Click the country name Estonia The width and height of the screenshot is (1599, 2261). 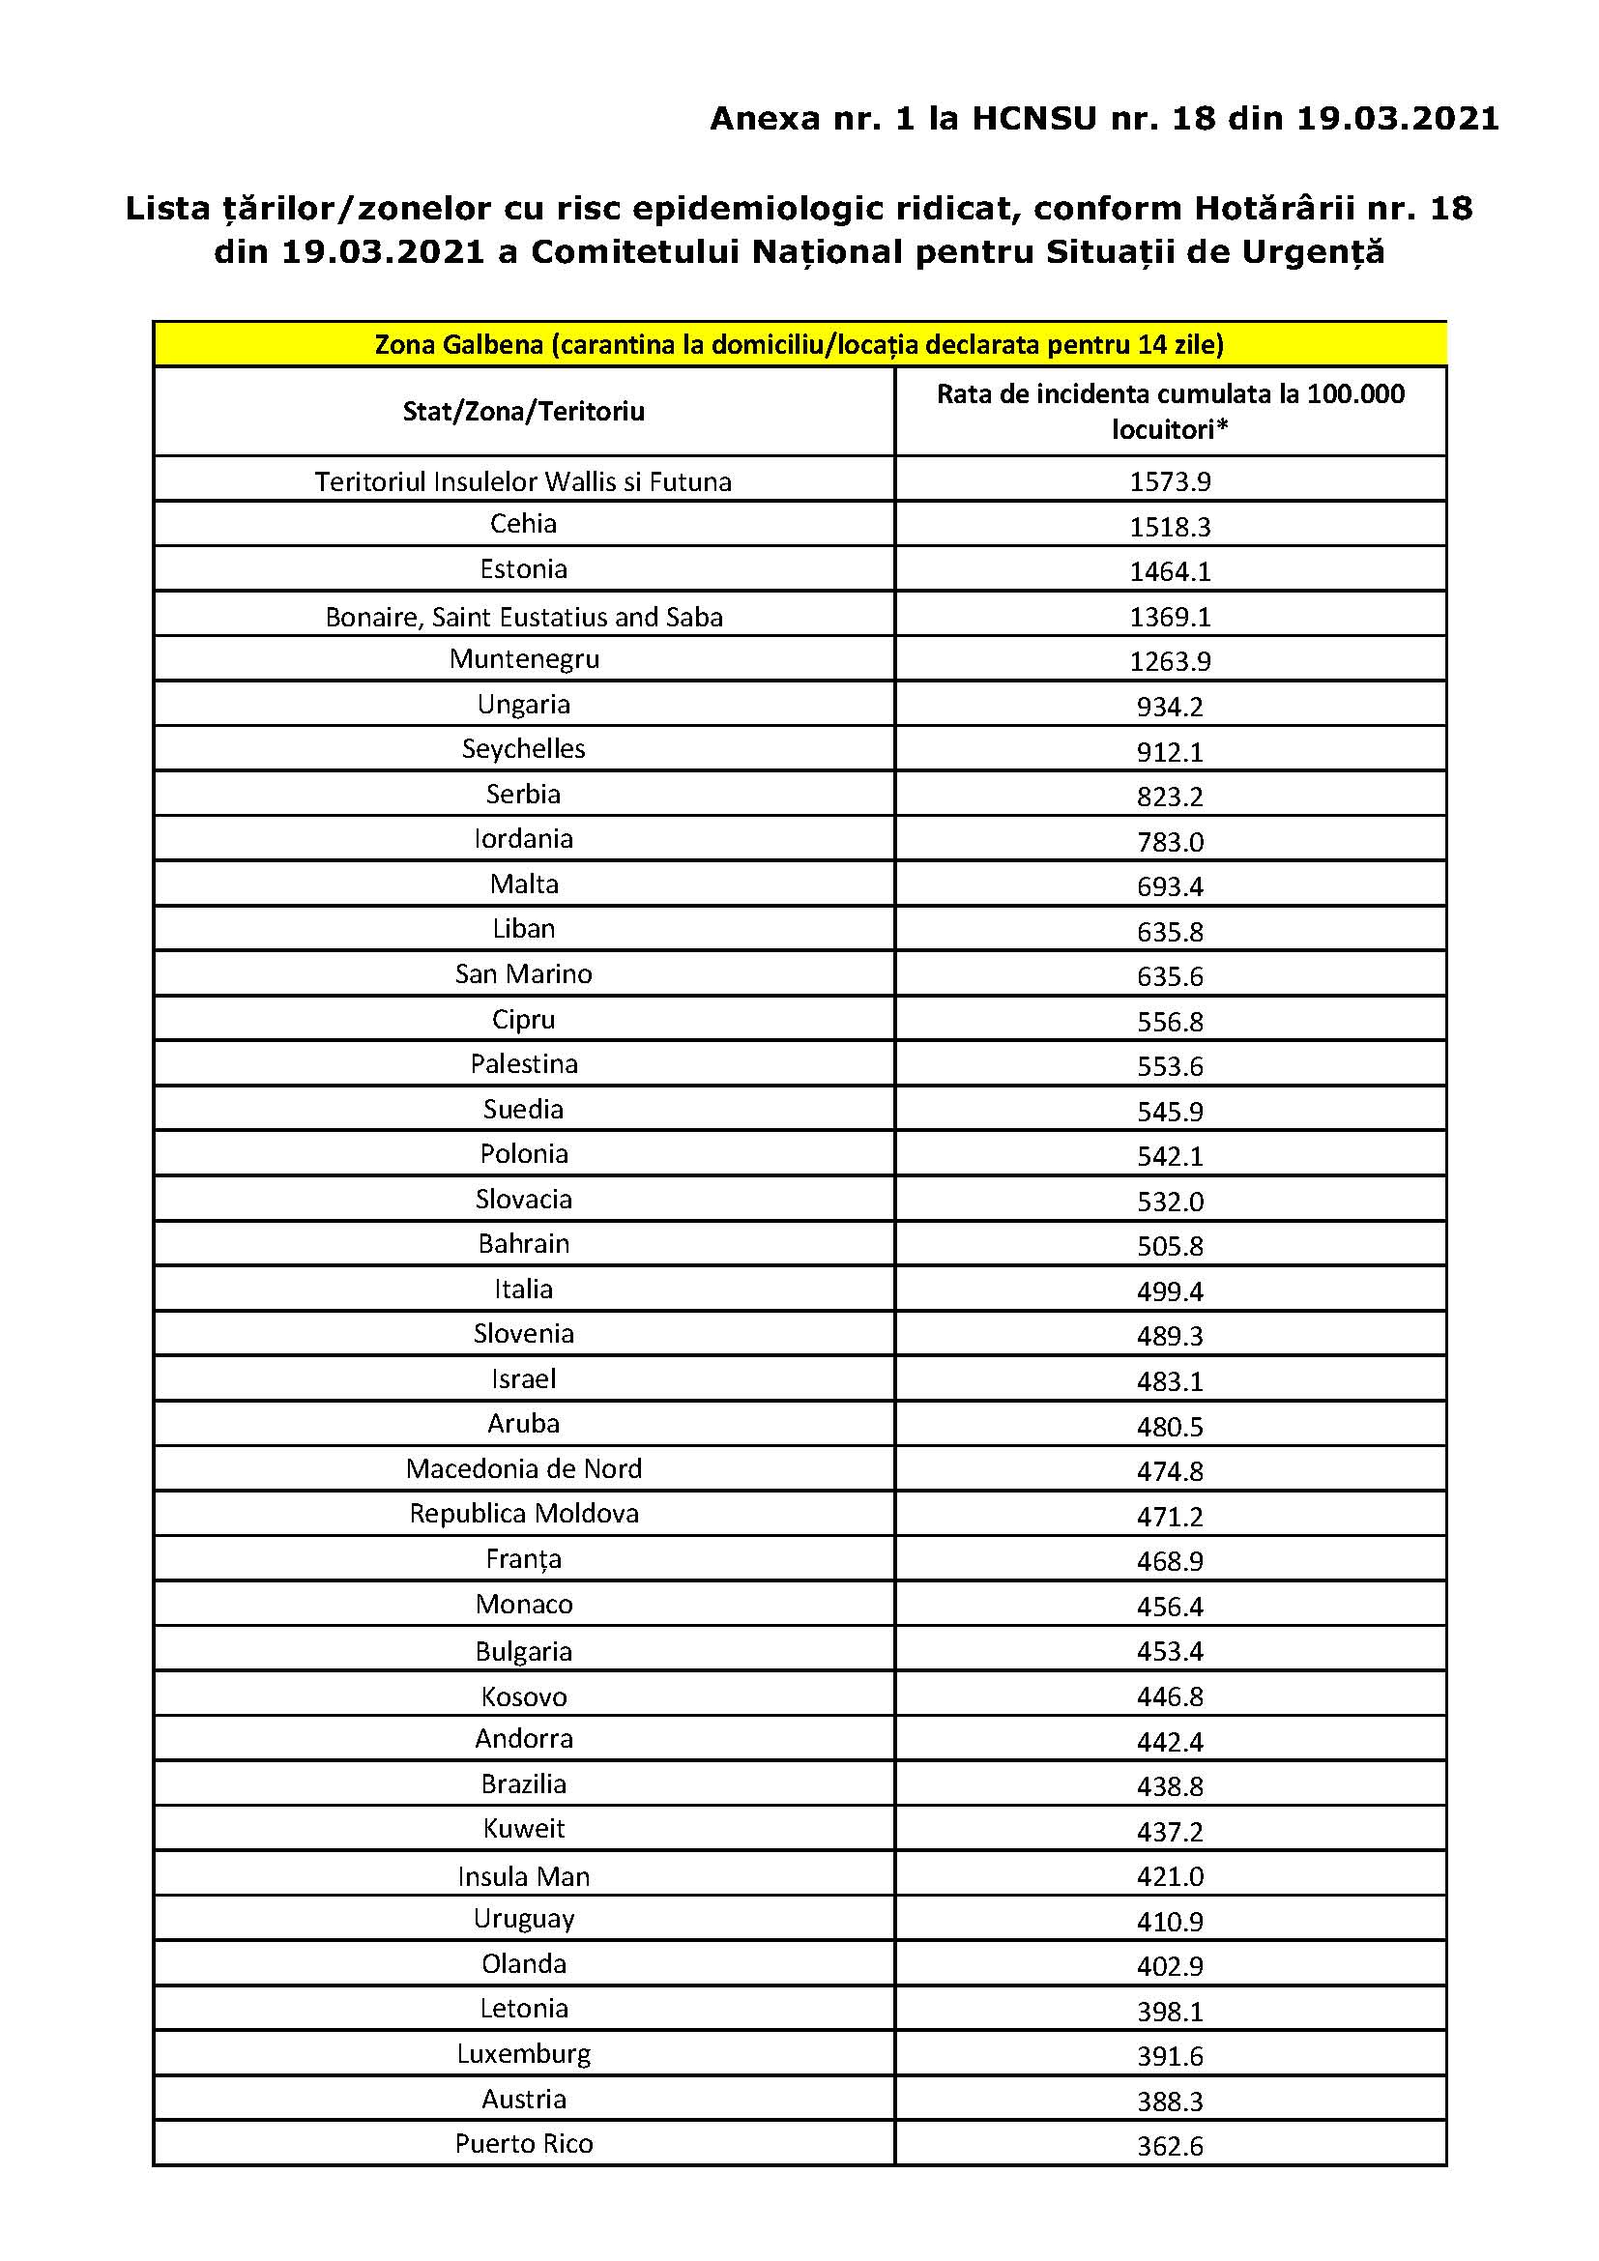(x=523, y=569)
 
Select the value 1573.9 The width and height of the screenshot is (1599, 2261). (x=1170, y=481)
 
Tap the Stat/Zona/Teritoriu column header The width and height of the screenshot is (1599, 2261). (x=523, y=411)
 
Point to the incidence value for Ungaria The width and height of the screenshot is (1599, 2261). (x=1170, y=706)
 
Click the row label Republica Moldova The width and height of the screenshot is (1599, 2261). (x=523, y=1513)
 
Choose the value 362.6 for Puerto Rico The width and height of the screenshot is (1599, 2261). (x=1170, y=2145)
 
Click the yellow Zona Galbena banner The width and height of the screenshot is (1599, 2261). (x=799, y=345)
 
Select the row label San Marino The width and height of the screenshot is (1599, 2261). (x=523, y=974)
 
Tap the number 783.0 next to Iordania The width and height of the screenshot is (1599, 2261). (x=1170, y=842)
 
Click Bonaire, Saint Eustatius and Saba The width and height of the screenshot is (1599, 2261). (x=523, y=617)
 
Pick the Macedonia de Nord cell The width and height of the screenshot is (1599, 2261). (x=523, y=1468)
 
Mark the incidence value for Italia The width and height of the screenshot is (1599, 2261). (x=1170, y=1291)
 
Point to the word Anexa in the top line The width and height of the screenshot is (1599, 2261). (x=765, y=119)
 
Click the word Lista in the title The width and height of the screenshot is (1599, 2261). (x=167, y=209)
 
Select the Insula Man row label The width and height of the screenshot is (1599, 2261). (x=523, y=1876)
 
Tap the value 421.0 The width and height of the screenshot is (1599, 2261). (x=1170, y=1876)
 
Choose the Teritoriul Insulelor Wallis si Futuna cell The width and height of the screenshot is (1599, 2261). (x=523, y=481)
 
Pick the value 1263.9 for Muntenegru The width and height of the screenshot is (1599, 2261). (x=1170, y=661)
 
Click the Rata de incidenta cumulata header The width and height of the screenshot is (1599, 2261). (x=1170, y=411)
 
